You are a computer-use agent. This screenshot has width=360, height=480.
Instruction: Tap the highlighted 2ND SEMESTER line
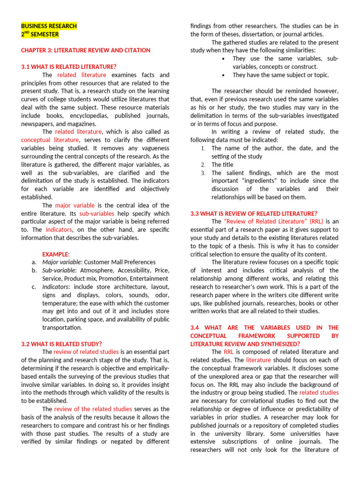(x=40, y=34)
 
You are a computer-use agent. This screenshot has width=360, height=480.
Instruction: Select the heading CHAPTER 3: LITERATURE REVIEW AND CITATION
(x=86, y=50)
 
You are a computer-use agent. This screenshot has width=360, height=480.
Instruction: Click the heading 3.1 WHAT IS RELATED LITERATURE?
(x=68, y=67)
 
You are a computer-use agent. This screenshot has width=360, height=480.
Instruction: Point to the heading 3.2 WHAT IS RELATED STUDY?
(x=61, y=344)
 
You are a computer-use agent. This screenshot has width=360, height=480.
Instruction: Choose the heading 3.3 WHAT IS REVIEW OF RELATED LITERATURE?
(x=254, y=213)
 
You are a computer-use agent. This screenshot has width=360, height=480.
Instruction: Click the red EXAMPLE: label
(x=56, y=254)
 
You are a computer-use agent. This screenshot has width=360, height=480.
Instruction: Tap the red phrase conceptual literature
(x=50, y=140)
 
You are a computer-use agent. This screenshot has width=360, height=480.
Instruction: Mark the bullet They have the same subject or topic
(x=280, y=75)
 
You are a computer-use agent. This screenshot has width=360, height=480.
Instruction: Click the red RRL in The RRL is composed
(x=228, y=352)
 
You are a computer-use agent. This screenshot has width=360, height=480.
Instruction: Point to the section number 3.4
(x=195, y=327)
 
